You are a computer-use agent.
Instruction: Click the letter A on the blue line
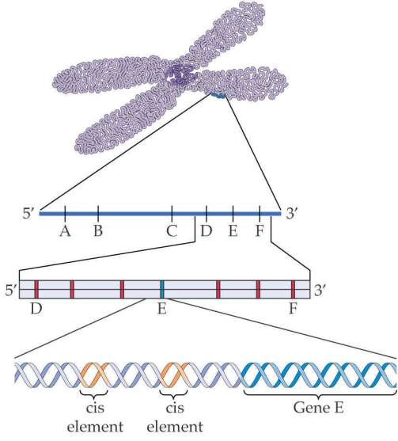point(65,231)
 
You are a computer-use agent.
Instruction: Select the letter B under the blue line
point(98,231)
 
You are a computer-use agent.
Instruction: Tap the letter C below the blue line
point(172,231)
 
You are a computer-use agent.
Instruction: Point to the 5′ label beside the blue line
point(28,214)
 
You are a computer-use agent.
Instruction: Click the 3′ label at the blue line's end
point(291,214)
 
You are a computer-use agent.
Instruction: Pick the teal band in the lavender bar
point(162,289)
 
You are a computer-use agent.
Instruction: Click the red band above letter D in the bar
point(36,289)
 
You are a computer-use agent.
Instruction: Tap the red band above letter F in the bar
point(293,289)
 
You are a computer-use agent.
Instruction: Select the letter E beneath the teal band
point(161,309)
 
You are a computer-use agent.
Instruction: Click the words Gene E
point(318,408)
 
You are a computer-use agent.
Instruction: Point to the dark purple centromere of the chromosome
point(180,75)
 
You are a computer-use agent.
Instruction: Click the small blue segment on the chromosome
point(218,96)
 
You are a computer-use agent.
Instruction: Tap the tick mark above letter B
point(98,213)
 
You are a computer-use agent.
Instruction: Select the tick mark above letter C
point(172,213)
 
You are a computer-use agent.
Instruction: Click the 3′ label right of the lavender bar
point(320,290)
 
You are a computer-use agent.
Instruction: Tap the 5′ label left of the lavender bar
point(10,290)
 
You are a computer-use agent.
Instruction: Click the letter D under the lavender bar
point(36,309)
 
